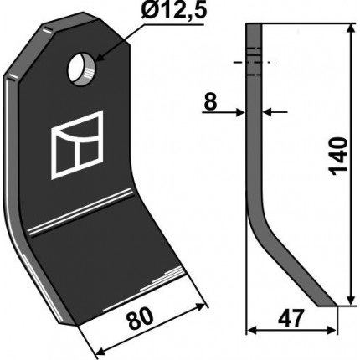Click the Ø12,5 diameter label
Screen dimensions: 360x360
[x=173, y=12]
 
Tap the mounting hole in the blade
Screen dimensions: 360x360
[x=82, y=69]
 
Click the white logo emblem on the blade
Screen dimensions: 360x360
[x=77, y=145]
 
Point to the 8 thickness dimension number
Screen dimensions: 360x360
[x=210, y=102]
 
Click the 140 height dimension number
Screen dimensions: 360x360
[x=338, y=157]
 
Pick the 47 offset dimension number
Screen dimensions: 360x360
[x=291, y=319]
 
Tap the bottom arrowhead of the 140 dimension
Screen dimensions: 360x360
[x=351, y=300]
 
